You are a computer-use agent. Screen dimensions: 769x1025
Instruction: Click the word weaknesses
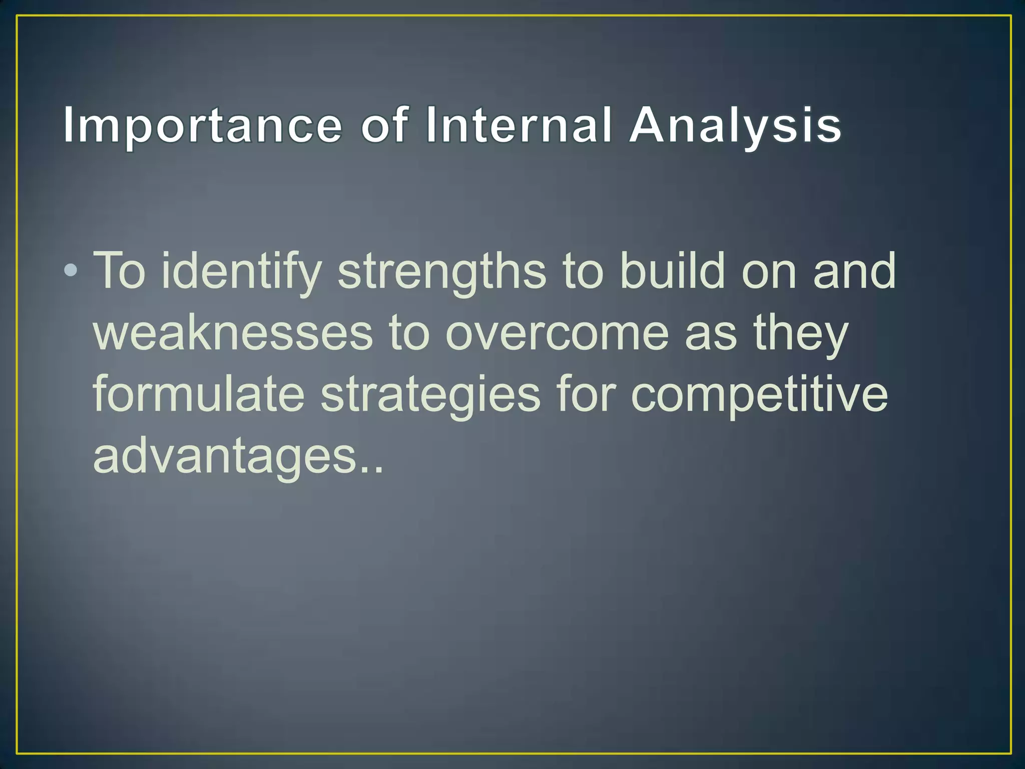[x=233, y=332]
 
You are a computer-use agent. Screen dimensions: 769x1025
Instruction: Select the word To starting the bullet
[x=120, y=270]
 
